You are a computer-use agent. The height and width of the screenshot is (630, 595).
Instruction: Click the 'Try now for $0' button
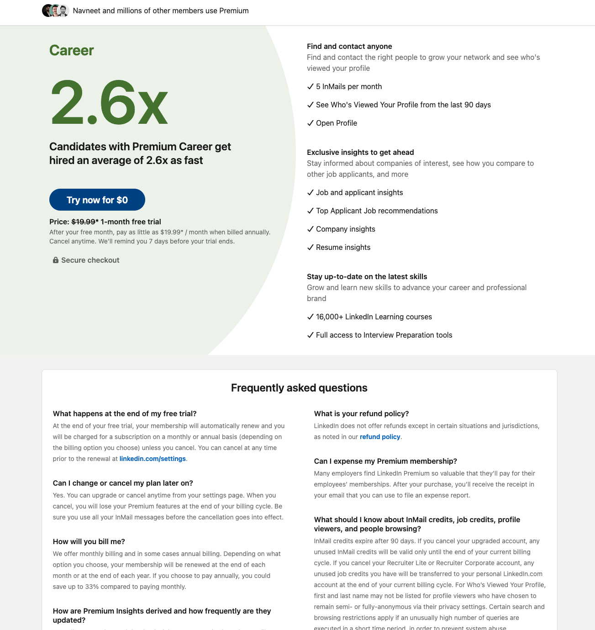[x=97, y=200]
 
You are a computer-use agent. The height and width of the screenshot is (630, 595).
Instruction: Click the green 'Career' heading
[x=72, y=50]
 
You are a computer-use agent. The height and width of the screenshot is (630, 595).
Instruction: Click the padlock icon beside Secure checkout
[x=56, y=260]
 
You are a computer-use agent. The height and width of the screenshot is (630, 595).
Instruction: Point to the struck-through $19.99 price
[x=83, y=222]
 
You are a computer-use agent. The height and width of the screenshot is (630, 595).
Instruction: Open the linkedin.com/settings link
[x=153, y=459]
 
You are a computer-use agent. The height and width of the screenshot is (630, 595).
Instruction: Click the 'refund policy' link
[x=380, y=437]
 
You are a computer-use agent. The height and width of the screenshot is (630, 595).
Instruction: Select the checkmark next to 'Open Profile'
[x=311, y=123]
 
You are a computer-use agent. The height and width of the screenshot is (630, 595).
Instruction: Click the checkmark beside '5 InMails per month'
[x=311, y=86]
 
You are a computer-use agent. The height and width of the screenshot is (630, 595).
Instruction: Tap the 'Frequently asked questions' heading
[x=299, y=388]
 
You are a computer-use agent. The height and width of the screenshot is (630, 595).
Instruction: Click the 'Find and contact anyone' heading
[x=349, y=46]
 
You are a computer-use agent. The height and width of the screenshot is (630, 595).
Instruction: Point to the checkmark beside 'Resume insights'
[x=311, y=247]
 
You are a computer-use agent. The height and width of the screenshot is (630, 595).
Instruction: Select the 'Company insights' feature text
[x=345, y=229]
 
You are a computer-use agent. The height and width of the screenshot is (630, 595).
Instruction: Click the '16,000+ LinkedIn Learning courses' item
[x=374, y=317]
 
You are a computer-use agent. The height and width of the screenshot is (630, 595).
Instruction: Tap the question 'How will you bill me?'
[x=89, y=541]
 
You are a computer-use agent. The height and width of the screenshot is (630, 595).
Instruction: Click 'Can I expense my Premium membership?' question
[x=385, y=461]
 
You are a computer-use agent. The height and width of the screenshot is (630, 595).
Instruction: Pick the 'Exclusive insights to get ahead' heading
[x=360, y=152]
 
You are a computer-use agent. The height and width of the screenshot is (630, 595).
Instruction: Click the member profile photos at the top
[x=55, y=11]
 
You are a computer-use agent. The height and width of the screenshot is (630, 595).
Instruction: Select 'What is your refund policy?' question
[x=361, y=413]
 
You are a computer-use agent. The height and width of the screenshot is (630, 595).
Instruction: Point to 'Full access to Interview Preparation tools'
[x=384, y=335]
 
